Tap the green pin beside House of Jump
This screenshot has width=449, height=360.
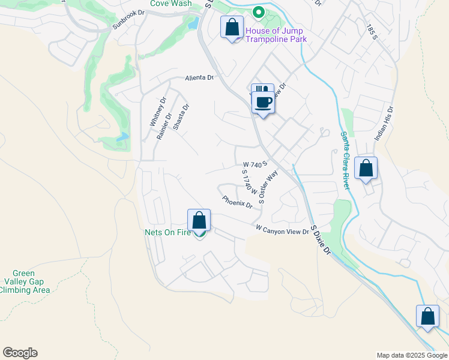259,11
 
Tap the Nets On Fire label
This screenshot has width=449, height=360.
167,232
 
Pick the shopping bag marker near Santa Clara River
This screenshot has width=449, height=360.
366,169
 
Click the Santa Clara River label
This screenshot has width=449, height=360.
345,160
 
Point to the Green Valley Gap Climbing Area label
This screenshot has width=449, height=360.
25,281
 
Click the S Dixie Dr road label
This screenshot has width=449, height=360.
321,240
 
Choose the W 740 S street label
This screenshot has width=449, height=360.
255,164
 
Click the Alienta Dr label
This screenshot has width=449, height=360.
199,78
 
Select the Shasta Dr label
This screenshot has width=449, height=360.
181,118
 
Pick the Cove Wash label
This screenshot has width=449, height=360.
170,4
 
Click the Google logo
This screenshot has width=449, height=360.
20,353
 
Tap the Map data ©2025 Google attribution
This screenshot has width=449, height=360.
412,355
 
